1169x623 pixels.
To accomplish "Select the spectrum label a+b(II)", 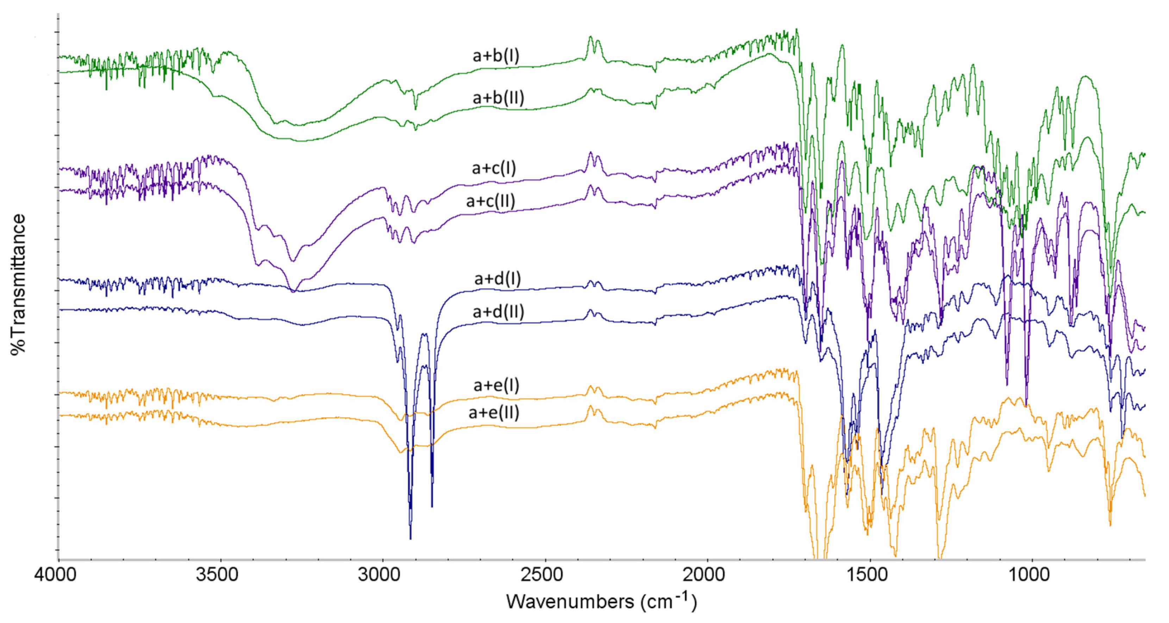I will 498,97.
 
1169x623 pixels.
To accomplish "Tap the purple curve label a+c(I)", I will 494,168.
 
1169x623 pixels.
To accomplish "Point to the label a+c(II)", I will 490,201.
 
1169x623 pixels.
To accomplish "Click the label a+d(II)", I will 498,312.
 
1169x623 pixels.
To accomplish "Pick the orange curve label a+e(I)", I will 496,385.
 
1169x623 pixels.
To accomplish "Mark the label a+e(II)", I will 494,413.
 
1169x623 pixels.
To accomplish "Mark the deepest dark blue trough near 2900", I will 410,538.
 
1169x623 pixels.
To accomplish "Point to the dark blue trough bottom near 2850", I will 432,505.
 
